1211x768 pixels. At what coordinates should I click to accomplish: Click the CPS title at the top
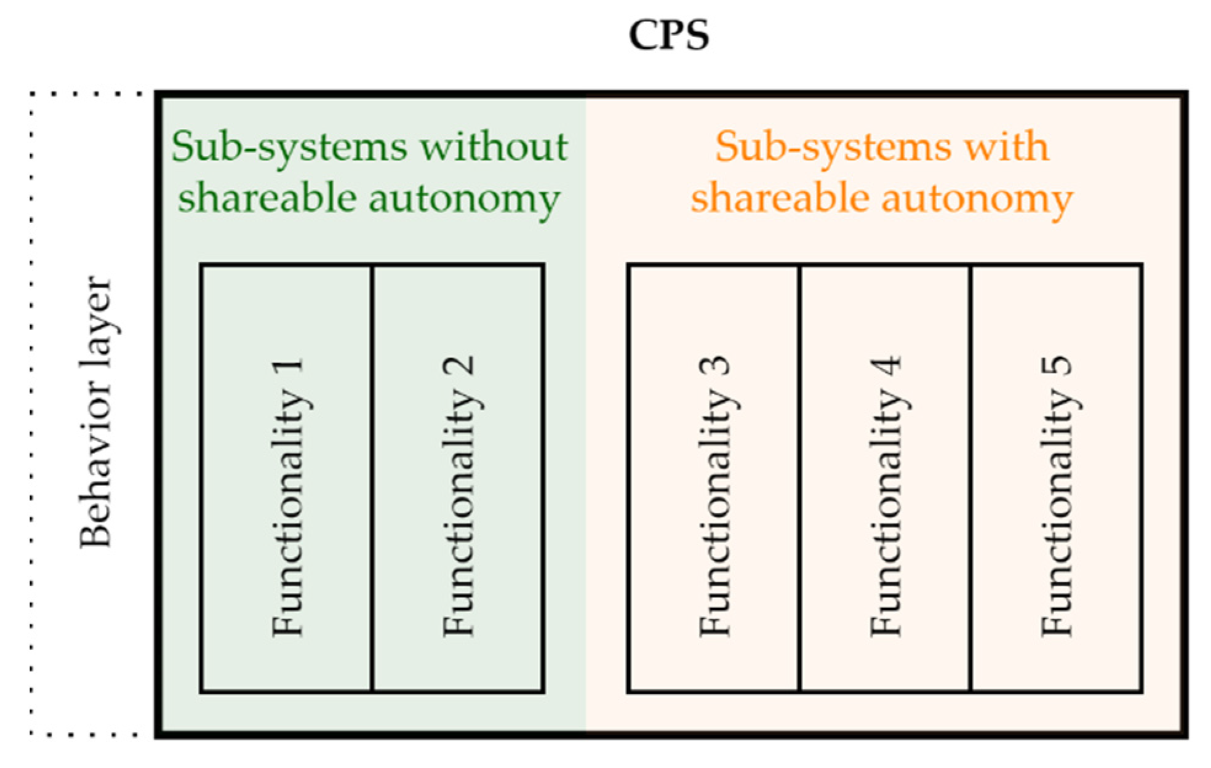(x=669, y=35)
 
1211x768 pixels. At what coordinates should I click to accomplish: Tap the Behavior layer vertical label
(x=96, y=411)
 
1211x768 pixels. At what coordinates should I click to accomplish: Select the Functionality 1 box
(x=287, y=479)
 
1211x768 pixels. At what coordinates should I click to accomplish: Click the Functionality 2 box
(x=458, y=479)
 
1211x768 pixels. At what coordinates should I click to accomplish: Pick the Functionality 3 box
(x=714, y=479)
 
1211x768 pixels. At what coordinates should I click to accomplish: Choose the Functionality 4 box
(x=885, y=479)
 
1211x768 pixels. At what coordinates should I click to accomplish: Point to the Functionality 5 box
(x=1057, y=479)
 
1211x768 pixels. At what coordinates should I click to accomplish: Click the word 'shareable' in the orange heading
(x=779, y=198)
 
